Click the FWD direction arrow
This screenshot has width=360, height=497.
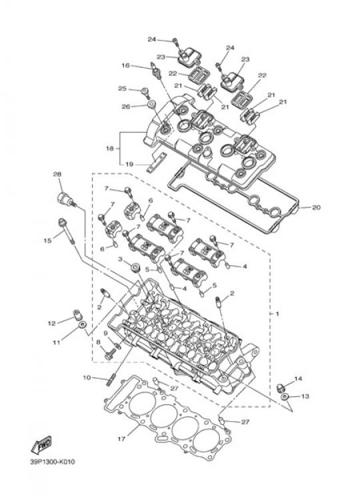pyautogui.click(x=41, y=444)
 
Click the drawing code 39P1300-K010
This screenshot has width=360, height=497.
pyautogui.click(x=53, y=462)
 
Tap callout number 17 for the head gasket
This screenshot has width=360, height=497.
pyautogui.click(x=121, y=439)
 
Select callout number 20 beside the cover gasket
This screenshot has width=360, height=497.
pyautogui.click(x=316, y=208)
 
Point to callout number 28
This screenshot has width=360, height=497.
pyautogui.click(x=57, y=175)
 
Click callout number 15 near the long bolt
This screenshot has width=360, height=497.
pyautogui.click(x=47, y=241)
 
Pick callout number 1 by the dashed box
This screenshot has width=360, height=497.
pyautogui.click(x=277, y=314)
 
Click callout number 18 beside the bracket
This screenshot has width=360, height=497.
pyautogui.click(x=110, y=148)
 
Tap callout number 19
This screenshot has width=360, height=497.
pyautogui.click(x=129, y=164)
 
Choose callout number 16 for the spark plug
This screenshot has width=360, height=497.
pyautogui.click(x=125, y=65)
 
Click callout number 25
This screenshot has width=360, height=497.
pyautogui.click(x=123, y=89)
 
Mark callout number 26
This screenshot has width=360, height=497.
pyautogui.click(x=126, y=107)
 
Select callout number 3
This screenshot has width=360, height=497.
pyautogui.click(x=120, y=259)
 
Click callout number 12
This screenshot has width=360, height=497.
pyautogui.click(x=52, y=323)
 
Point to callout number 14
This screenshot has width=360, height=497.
pyautogui.click(x=298, y=378)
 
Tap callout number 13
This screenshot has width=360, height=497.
pyautogui.click(x=305, y=396)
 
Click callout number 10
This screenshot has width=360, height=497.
pyautogui.click(x=87, y=378)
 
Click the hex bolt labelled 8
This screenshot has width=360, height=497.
pyautogui.click(x=110, y=356)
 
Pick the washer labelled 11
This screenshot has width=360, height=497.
pyautogui.click(x=83, y=325)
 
